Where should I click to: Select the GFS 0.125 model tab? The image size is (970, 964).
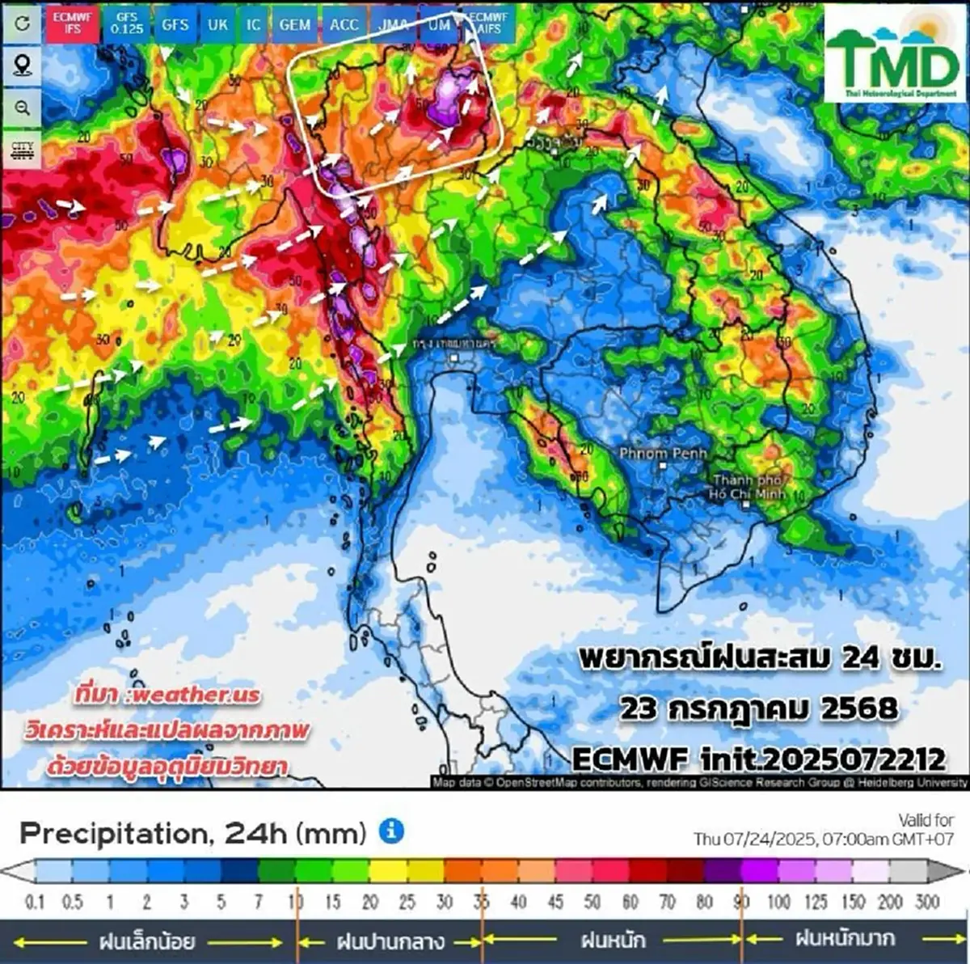click(x=127, y=23)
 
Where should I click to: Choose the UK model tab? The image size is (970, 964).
click(x=217, y=24)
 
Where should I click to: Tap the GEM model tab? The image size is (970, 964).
click(x=294, y=24)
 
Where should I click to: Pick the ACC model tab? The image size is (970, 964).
click(x=344, y=24)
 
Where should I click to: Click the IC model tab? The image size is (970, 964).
click(x=254, y=24)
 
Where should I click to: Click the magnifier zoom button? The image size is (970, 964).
click(x=22, y=108)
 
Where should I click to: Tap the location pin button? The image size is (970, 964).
click(x=22, y=66)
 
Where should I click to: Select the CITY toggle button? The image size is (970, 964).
click(x=22, y=150)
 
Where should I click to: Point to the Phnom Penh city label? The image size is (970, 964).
click(x=663, y=454)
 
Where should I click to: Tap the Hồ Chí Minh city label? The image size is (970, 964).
click(x=748, y=487)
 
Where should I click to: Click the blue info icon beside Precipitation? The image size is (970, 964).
click(x=391, y=831)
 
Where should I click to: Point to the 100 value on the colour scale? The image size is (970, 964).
click(x=778, y=901)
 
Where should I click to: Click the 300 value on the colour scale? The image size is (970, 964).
click(x=926, y=901)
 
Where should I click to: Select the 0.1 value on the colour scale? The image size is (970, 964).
click(x=35, y=901)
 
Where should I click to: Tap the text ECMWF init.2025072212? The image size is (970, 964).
click(x=758, y=759)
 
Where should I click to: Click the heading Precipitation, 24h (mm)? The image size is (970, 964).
click(x=193, y=832)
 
